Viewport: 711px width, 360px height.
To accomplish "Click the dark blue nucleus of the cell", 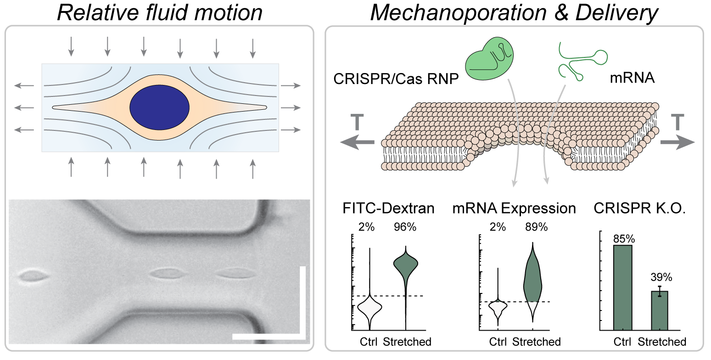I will pos(159,107).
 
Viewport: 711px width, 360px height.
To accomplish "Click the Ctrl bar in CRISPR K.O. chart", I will pos(623,287).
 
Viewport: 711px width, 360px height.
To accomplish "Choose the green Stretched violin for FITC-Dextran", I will pos(405,266).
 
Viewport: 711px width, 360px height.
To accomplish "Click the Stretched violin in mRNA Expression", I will pos(532,280).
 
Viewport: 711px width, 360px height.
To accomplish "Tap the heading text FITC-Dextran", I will pos(388,209).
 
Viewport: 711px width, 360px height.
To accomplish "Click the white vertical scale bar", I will pos(302,301).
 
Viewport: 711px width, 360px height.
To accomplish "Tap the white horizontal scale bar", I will pos(269,337).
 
